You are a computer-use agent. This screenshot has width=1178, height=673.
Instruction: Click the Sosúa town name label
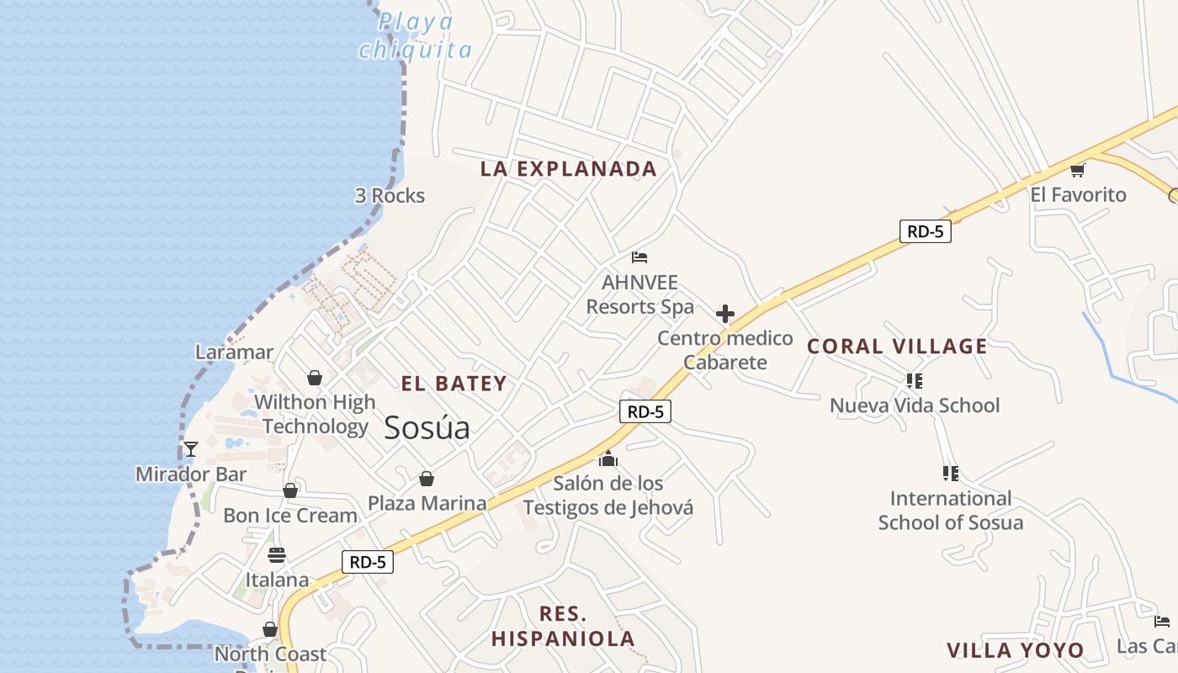(x=427, y=428)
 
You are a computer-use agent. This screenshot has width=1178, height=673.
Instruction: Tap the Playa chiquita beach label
(x=416, y=36)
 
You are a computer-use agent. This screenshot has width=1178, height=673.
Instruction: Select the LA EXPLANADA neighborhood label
(x=568, y=168)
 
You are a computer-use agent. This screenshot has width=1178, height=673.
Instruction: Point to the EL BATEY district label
(x=454, y=384)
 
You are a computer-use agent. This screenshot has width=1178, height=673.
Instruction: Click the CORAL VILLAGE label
(x=897, y=346)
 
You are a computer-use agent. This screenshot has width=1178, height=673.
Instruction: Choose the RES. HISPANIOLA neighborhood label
(x=563, y=626)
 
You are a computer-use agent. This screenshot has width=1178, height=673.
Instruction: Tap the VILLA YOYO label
(x=1016, y=650)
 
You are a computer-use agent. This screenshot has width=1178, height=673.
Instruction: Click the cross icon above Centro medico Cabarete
(x=725, y=315)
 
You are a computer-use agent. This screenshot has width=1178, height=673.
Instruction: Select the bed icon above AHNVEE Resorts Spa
(x=639, y=257)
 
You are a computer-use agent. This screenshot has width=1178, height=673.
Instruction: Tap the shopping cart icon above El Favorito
(x=1077, y=171)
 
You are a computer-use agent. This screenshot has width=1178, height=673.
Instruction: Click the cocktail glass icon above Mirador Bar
(x=191, y=449)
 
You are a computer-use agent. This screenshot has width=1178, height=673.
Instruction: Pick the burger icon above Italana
(x=277, y=555)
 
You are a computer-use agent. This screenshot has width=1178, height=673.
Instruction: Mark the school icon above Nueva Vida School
(x=915, y=381)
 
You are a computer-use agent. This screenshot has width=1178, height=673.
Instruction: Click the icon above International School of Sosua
(x=951, y=474)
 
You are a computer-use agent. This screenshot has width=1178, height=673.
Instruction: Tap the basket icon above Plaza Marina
(x=427, y=480)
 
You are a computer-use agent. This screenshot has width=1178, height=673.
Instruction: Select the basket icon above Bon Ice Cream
(x=290, y=490)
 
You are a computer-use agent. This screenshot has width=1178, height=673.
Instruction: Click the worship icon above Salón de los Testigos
(x=608, y=459)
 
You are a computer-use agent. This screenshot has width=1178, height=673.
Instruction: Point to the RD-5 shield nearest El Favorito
(x=926, y=231)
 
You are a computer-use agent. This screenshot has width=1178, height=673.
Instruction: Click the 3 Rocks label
(x=390, y=196)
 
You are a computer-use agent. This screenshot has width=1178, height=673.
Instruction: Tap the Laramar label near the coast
(x=235, y=352)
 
